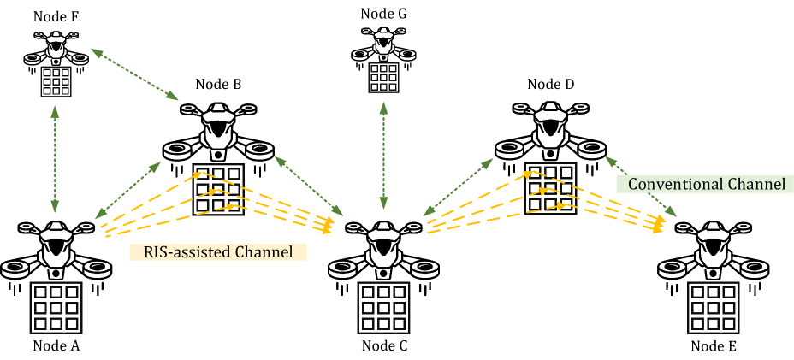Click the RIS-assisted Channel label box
217,252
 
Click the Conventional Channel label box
706,184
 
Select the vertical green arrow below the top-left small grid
56,159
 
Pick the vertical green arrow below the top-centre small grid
383,155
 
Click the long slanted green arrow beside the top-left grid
134,74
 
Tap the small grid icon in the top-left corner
56,81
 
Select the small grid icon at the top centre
383,77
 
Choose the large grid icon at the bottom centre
383,308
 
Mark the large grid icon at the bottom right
714,308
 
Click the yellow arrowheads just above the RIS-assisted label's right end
328,225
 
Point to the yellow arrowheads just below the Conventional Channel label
660,225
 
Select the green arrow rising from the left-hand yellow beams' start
128,190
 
